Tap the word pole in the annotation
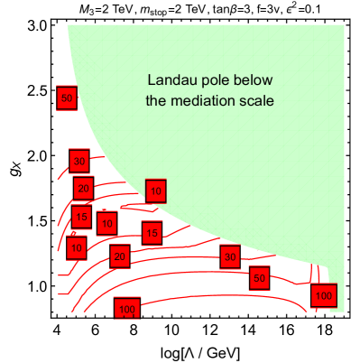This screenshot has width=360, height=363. (212, 80)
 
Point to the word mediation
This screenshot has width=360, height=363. (204, 101)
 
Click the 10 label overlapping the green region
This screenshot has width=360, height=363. (155, 191)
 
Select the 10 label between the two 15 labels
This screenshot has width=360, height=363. (107, 222)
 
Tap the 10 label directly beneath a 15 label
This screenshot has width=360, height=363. (77, 247)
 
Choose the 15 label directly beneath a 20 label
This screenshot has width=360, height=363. (81, 217)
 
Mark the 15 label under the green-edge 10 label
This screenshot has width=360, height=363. (152, 233)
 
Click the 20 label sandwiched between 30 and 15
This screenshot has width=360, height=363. (84, 189)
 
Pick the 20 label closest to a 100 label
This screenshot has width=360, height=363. (119, 256)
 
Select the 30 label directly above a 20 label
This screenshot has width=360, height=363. (79, 162)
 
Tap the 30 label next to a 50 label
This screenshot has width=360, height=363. (230, 256)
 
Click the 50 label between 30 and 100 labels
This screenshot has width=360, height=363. (260, 278)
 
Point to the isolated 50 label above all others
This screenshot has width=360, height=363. (66, 98)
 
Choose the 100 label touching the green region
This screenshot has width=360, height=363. (323, 295)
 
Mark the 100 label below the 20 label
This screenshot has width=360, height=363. (126, 310)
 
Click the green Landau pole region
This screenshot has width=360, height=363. (271, 163)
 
